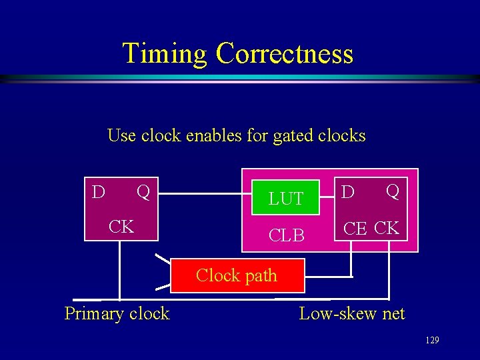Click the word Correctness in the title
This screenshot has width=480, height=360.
click(x=285, y=53)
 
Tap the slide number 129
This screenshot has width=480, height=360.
click(x=432, y=341)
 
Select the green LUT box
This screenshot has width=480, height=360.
click(x=286, y=198)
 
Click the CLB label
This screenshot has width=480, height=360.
click(x=286, y=235)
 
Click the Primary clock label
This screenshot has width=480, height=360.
click(x=117, y=313)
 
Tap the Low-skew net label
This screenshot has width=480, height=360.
click(x=351, y=313)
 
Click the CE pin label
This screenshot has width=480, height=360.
click(x=355, y=229)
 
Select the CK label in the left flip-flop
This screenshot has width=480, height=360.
click(x=121, y=227)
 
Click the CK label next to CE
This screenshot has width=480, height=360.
click(x=387, y=229)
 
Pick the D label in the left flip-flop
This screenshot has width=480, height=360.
click(x=98, y=193)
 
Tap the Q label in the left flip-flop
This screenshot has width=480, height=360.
click(x=143, y=193)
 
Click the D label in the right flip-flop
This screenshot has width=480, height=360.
click(x=348, y=193)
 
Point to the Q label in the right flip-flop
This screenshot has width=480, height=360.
click(x=393, y=193)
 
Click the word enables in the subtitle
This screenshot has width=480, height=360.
click(x=215, y=136)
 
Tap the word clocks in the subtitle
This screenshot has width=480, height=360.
click(x=342, y=136)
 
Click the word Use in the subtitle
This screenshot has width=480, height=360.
click(x=121, y=136)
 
